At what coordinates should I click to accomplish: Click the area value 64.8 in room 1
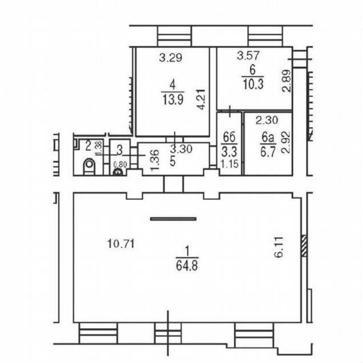coord(187,266)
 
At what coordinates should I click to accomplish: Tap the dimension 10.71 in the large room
coord(121,244)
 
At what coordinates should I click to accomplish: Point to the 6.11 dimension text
coord(279,247)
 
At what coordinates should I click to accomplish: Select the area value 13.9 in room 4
coord(173,100)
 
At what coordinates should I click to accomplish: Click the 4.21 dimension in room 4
coord(201,100)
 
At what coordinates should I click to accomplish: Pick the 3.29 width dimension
coord(171,58)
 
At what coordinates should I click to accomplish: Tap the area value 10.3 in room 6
coord(253,84)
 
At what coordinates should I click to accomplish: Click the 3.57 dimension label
coord(248,56)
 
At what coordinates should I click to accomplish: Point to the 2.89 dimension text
coord(286,81)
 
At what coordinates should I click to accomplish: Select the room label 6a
coord(268,138)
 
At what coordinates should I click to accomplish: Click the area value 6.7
coord(268,152)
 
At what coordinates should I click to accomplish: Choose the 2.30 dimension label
coord(267,121)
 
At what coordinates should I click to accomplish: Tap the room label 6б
coord(229,137)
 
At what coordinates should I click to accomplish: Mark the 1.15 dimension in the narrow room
coord(229,164)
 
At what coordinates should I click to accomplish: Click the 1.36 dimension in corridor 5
coord(155,160)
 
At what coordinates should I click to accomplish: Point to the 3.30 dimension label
coord(181,149)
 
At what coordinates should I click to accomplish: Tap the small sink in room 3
coord(118,172)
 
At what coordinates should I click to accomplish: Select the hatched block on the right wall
coord(304,246)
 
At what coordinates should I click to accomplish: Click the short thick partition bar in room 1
coord(173,219)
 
